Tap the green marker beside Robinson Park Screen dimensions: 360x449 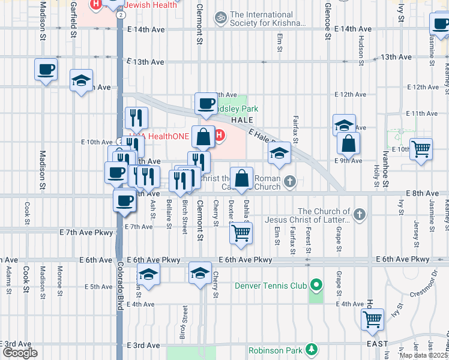click(311, 349)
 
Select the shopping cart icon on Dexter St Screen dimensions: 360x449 click(241, 233)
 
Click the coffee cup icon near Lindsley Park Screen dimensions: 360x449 click(206, 103)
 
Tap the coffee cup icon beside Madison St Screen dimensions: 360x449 click(46, 70)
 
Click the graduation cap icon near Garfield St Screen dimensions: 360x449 click(81, 81)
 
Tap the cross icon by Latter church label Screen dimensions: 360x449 click(359, 214)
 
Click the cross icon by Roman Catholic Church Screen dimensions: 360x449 click(290, 181)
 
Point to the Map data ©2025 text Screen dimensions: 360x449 click(424, 355)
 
